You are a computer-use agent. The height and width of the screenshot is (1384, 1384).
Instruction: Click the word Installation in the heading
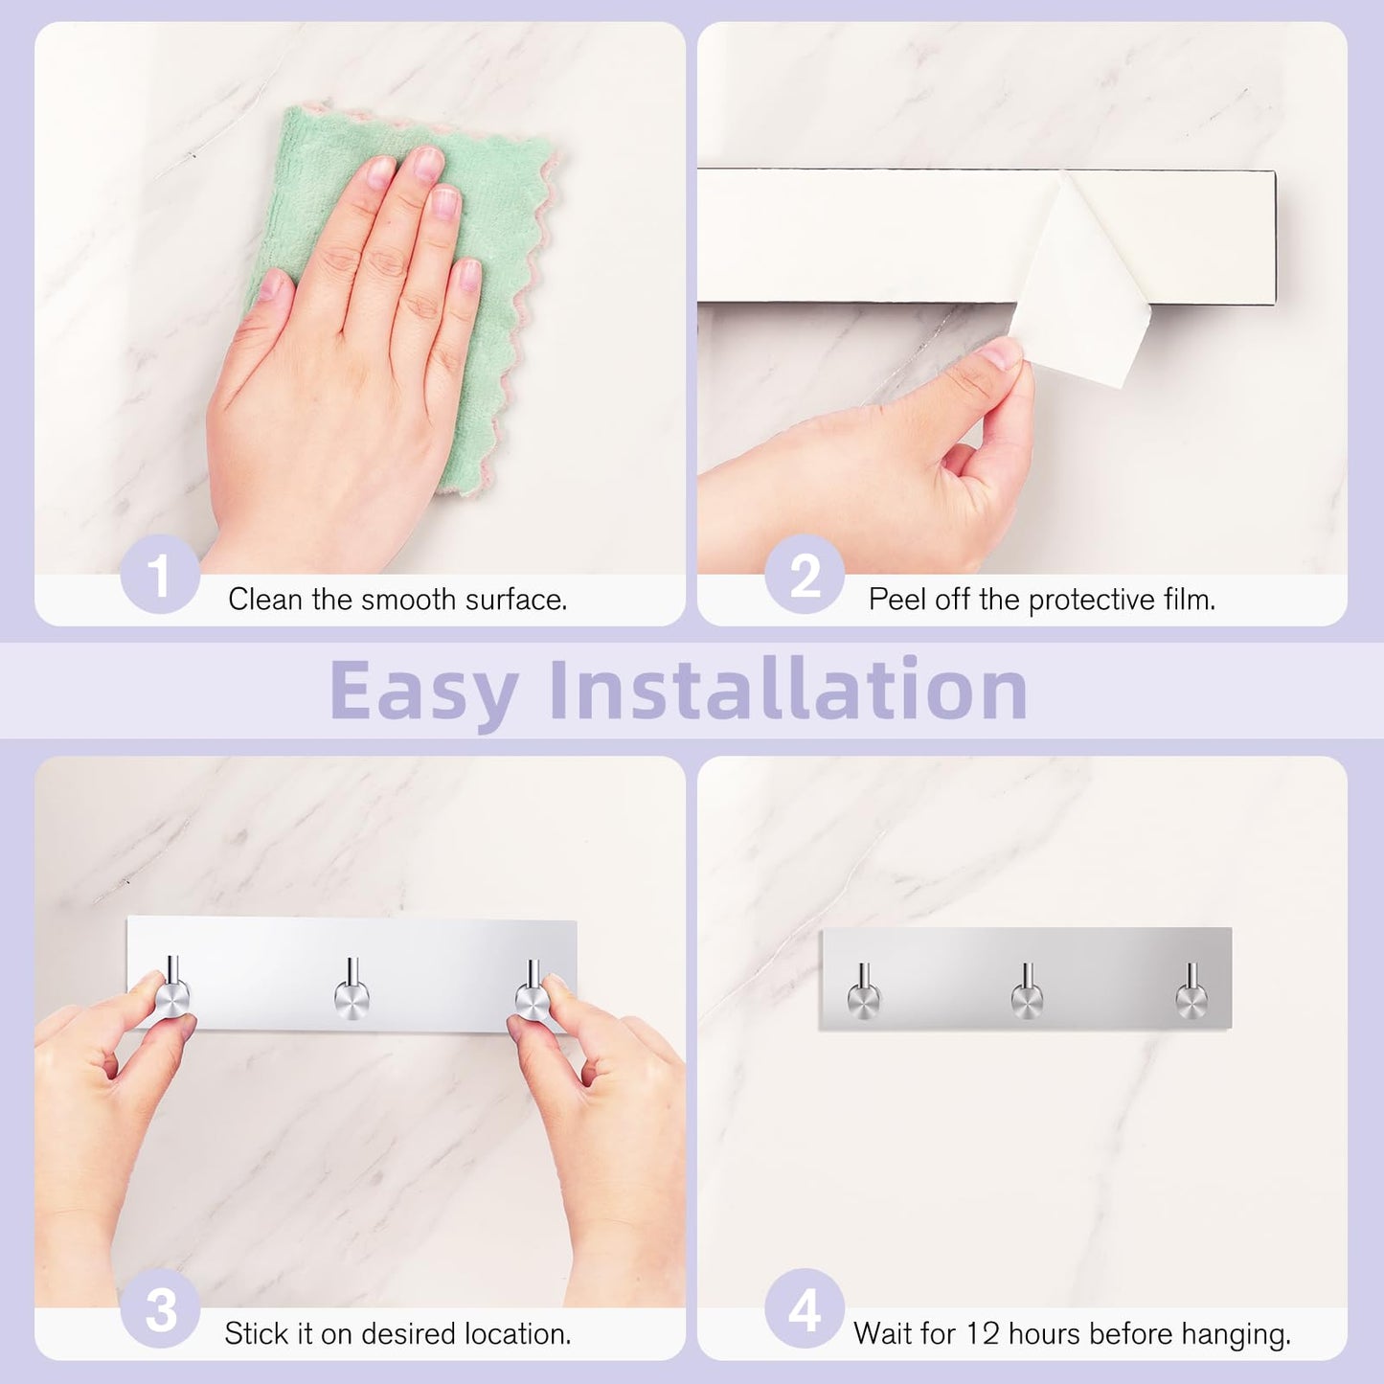point(788,690)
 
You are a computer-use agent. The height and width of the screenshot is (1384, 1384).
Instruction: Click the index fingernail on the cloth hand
point(381,172)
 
